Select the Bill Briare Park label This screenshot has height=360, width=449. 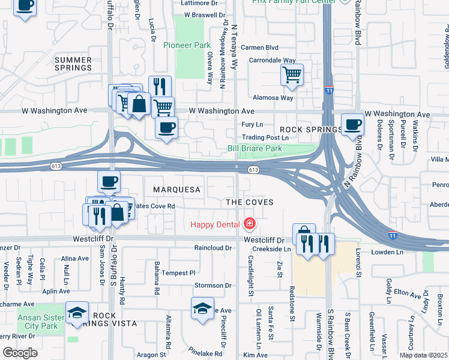pos(255,148)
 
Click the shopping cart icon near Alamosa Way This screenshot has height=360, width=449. pos(292,75)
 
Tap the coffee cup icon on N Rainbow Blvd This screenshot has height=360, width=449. pos(352,125)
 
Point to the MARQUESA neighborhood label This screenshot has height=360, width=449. pos(176,190)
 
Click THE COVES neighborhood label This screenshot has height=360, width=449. pos(250,202)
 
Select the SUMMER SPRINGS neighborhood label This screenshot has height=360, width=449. pos(73,64)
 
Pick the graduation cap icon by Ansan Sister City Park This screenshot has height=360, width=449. pos(77,313)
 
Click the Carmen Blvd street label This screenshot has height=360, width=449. pos(260,47)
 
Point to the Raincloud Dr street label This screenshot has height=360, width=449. pos(212,247)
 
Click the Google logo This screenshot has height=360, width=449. pos(20,353)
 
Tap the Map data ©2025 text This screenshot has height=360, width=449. pos(424,355)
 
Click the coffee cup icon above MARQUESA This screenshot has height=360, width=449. pos(109,181)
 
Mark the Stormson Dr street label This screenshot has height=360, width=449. pos(212,286)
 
